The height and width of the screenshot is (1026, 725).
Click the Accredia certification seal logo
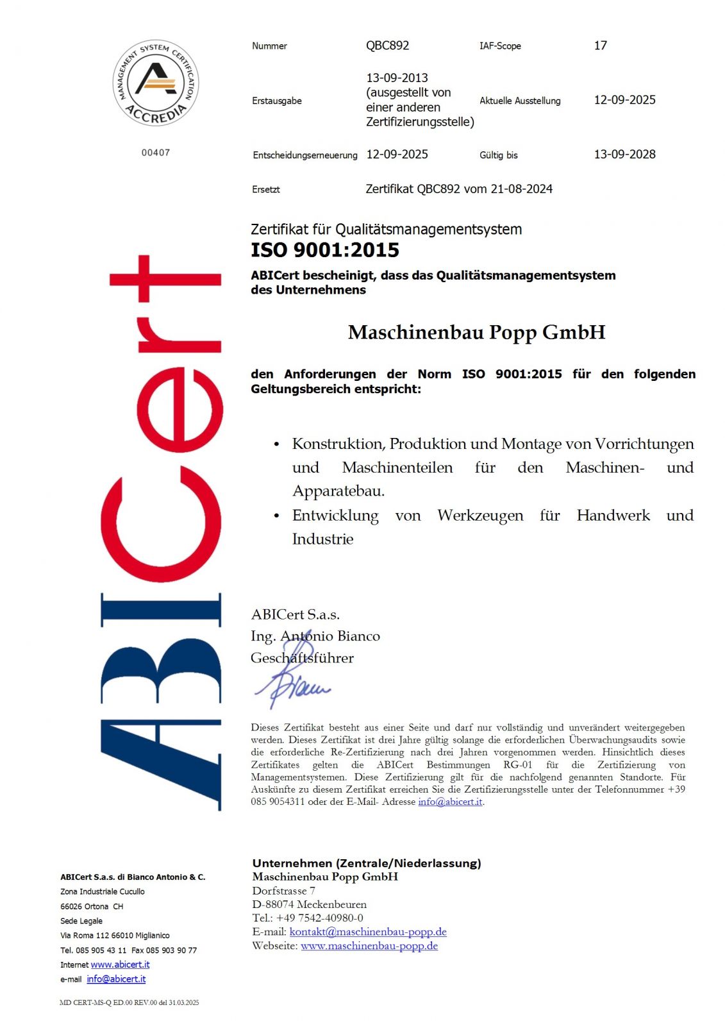(x=156, y=83)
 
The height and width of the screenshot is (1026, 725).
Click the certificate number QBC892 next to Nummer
(x=387, y=46)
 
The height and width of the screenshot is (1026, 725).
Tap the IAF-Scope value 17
(x=600, y=46)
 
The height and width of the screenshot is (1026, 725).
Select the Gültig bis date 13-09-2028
(x=624, y=155)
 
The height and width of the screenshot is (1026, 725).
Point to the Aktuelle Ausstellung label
(x=520, y=101)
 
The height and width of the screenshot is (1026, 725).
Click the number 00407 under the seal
(x=156, y=153)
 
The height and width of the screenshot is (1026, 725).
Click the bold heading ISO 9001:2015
(x=325, y=250)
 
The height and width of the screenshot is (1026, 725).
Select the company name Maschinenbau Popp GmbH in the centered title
(x=476, y=332)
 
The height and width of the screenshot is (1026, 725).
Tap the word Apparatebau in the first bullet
(x=338, y=491)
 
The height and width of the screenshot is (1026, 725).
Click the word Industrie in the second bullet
(x=322, y=539)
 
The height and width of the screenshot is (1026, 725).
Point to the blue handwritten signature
(x=292, y=683)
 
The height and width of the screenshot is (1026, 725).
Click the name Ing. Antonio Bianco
(x=315, y=636)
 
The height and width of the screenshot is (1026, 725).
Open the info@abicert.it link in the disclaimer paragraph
(x=450, y=802)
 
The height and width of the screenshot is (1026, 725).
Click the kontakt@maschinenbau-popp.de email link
(x=368, y=932)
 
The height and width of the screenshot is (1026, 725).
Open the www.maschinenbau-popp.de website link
(x=369, y=946)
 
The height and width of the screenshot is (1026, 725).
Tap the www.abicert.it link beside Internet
(x=120, y=964)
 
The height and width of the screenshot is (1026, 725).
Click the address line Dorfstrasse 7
(x=283, y=891)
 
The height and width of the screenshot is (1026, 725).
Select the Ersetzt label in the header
(x=266, y=190)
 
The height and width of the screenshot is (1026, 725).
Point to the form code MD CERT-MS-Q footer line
(x=129, y=1002)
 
